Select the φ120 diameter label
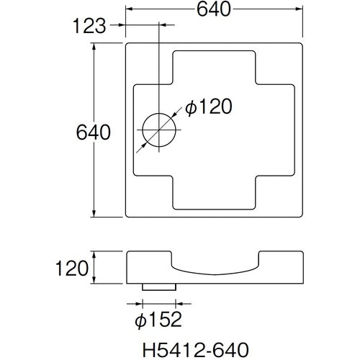[208, 108]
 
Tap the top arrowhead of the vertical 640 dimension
[95, 45]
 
